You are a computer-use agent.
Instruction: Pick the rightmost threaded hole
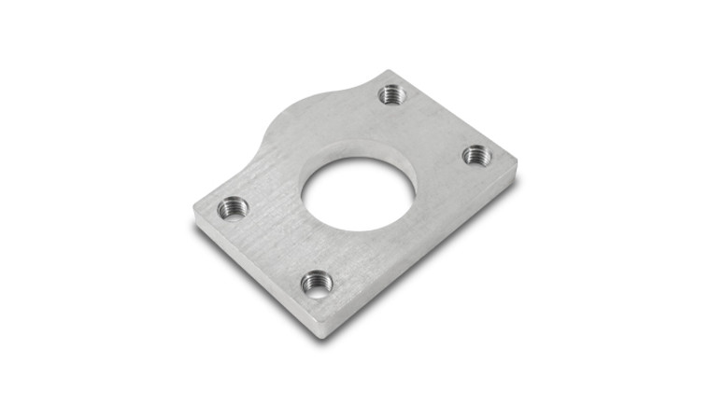point(476,154)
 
